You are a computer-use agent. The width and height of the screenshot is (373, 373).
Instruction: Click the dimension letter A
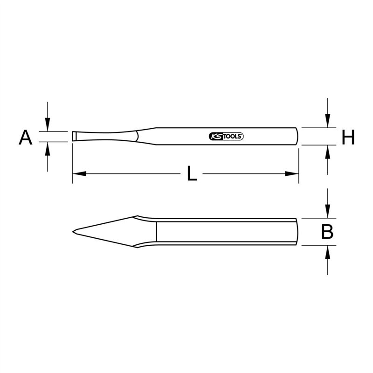[x=26, y=138]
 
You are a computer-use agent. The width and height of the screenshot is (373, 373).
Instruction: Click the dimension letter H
[x=348, y=137]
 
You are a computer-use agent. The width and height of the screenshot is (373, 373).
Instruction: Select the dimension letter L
[x=192, y=173]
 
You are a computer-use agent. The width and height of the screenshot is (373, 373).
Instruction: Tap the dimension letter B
[x=327, y=232]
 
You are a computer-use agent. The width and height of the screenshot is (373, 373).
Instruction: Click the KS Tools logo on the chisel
[x=226, y=136]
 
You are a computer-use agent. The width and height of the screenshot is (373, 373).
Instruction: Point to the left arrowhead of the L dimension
[x=79, y=173]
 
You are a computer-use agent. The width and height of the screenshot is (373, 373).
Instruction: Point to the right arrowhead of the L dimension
[x=292, y=173]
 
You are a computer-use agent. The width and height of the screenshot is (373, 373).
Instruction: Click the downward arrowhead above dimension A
[x=48, y=124]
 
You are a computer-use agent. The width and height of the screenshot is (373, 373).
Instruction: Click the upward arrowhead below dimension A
[x=48, y=149]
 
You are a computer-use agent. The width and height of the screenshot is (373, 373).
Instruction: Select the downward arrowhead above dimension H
[x=328, y=121]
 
